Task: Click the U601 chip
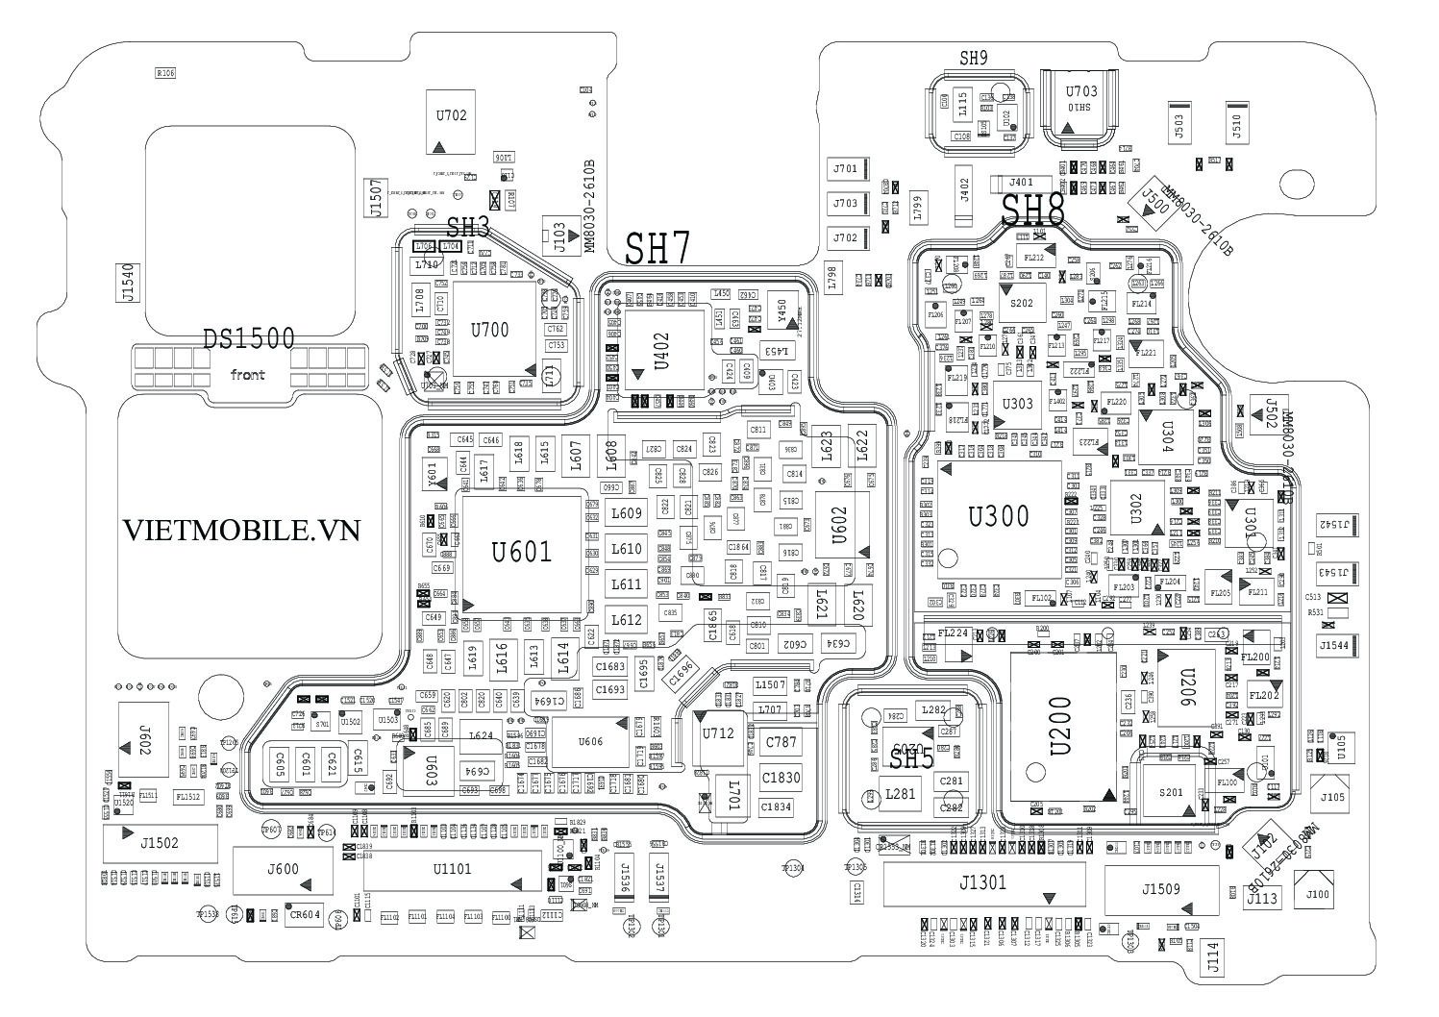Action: coord(523,553)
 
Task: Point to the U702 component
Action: coord(451,123)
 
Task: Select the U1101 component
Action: coord(452,871)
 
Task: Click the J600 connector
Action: coord(283,871)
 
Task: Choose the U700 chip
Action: coord(490,330)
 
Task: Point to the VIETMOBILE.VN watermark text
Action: coord(241,530)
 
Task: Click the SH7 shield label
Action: coord(657,250)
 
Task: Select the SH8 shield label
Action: coord(1033,211)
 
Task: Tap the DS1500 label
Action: coord(248,338)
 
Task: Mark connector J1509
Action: coord(1161,890)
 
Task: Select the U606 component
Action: coord(591,742)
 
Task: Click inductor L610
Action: coord(626,549)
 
